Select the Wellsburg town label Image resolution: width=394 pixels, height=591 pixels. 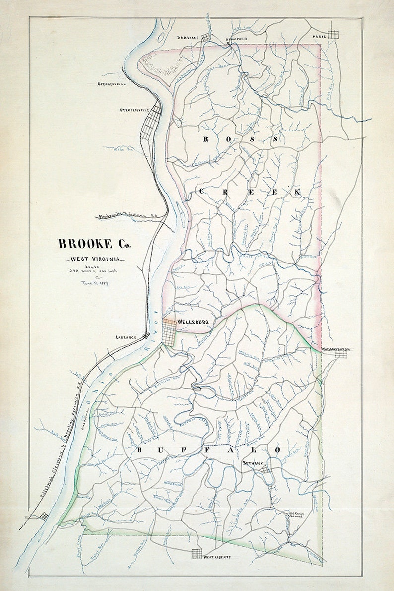[193, 322]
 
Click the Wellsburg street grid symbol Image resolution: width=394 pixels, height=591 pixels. [170, 332]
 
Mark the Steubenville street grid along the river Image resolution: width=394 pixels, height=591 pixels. [151, 122]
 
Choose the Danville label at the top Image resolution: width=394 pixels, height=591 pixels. [188, 38]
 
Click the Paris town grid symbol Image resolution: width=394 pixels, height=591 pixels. [333, 34]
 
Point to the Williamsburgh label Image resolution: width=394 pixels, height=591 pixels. [336, 349]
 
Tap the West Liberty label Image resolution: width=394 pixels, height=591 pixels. [217, 557]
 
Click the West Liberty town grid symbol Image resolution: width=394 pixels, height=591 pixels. [197, 554]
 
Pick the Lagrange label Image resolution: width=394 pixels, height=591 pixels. [126, 337]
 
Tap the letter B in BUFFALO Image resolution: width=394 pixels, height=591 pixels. [140, 450]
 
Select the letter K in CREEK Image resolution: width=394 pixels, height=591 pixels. [296, 192]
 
